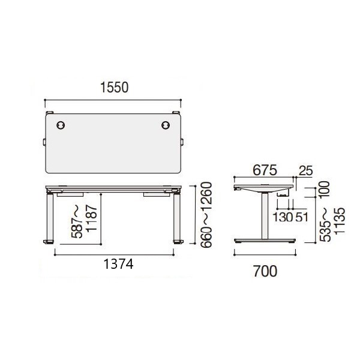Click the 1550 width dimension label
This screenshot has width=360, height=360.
115,88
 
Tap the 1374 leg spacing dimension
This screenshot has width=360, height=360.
118,264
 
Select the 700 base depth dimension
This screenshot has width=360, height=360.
265,271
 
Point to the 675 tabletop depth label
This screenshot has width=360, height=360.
265,170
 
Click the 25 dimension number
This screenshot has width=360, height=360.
306,170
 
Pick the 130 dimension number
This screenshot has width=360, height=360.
283,217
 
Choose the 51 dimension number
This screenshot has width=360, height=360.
301,217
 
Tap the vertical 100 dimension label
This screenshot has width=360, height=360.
325,190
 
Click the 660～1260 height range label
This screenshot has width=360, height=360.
206,215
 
